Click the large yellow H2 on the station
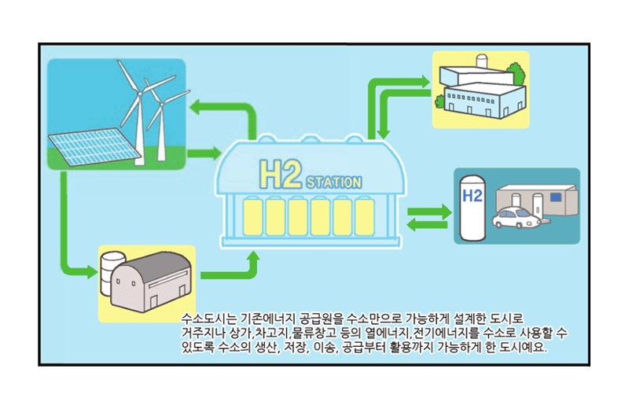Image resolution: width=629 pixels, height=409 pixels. point(281,174)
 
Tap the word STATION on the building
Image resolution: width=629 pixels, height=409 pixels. point(334,182)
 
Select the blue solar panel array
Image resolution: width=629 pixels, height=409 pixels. point(94,146)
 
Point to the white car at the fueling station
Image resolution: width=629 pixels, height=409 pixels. point(517,218)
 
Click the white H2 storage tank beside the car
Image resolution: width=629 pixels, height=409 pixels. point(473,208)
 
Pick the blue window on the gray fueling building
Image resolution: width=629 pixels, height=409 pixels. point(556,197)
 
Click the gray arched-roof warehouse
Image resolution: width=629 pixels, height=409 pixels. point(151,281)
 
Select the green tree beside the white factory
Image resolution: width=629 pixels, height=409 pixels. point(516,73)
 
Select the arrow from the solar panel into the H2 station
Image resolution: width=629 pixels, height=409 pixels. point(204,153)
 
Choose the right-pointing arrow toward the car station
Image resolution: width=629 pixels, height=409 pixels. point(429,212)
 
